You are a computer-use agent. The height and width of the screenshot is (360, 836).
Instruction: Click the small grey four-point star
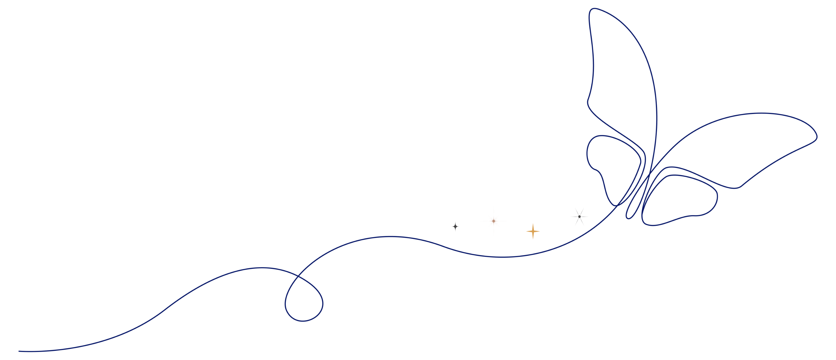455,226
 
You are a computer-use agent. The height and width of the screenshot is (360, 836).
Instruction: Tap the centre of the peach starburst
493,221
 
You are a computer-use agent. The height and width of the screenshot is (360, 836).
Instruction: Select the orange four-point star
533,231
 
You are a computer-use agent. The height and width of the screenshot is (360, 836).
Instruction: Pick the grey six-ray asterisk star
579,216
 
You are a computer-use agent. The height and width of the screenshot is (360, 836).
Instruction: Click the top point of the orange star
533,223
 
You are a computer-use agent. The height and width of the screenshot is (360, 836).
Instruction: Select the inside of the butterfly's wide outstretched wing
735,147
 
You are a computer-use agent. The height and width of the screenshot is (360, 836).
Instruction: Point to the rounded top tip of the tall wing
594,9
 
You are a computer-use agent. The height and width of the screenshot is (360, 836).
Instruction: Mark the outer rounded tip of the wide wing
816,136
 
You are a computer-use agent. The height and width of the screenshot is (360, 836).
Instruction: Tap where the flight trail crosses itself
297,277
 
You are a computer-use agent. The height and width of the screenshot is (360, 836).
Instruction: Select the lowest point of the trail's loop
303,321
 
